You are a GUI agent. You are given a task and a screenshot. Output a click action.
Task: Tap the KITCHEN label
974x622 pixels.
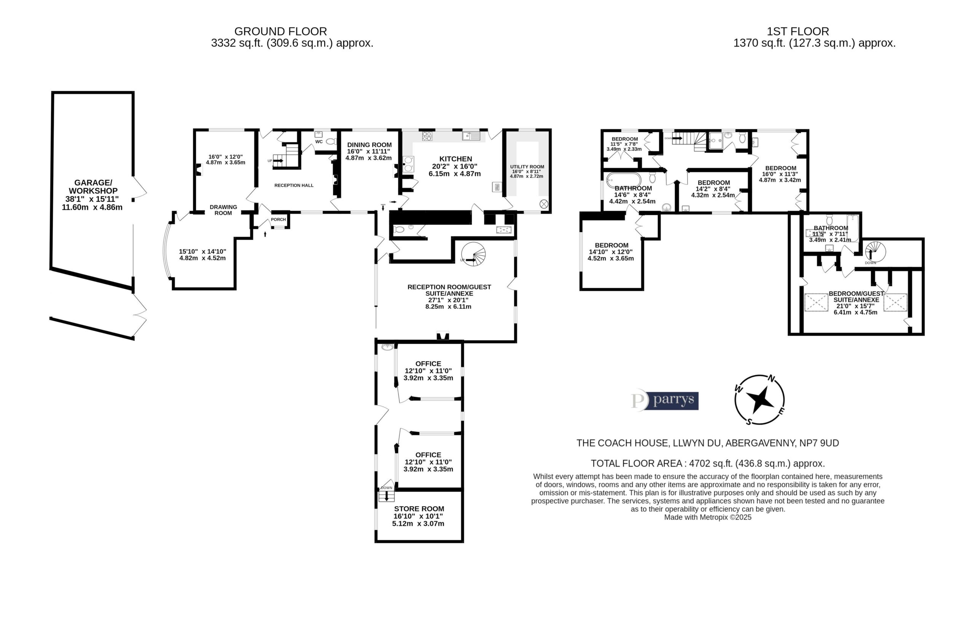(x=456, y=159)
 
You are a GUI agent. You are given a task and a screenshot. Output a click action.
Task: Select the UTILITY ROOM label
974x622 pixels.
(x=527, y=167)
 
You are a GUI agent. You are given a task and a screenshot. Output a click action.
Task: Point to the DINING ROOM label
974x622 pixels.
(x=369, y=145)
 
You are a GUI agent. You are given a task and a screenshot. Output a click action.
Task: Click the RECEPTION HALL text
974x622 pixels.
(x=294, y=185)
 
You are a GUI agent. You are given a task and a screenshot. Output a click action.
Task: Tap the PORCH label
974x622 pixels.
(x=278, y=219)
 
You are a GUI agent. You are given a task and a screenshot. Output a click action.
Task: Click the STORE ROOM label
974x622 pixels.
(x=419, y=509)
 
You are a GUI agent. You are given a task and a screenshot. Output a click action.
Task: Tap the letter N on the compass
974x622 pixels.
(x=771, y=379)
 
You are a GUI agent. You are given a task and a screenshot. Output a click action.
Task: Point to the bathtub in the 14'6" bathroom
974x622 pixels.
(x=624, y=179)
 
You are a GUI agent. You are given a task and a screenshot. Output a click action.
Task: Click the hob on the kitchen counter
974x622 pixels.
(x=427, y=136)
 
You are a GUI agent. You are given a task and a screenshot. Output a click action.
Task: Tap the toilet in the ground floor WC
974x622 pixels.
(x=331, y=142)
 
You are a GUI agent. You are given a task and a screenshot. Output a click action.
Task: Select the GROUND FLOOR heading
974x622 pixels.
(x=281, y=31)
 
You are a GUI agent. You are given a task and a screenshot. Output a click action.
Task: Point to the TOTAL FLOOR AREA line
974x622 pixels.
(x=708, y=463)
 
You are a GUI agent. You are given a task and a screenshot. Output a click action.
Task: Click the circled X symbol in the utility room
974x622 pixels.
(x=544, y=204)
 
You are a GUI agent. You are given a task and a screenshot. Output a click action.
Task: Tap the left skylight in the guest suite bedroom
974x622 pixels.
(x=816, y=302)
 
